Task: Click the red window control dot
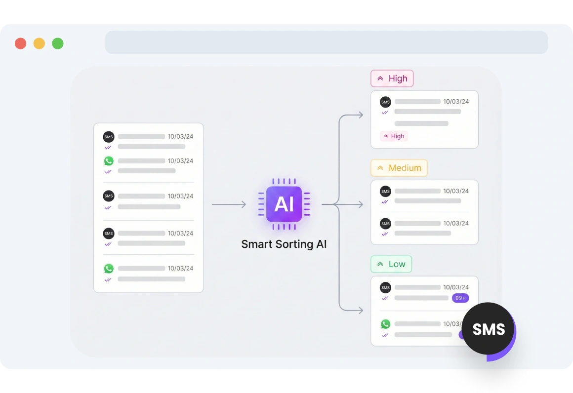point(20,43)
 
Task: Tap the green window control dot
point(58,43)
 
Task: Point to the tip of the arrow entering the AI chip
point(246,204)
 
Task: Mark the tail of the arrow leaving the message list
point(212,204)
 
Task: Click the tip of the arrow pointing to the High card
point(363,115)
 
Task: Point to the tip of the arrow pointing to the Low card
point(363,311)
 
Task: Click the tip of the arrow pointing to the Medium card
point(363,204)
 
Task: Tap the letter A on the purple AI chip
point(280,204)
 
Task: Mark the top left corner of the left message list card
point(94,123)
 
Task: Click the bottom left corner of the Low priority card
point(371,346)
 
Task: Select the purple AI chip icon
point(284,204)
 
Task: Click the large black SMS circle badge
point(488,329)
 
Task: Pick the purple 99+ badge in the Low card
point(460,298)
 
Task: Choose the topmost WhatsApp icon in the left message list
point(109,161)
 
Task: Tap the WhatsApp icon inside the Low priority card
point(385,324)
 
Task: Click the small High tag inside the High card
point(394,136)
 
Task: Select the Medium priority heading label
point(399,168)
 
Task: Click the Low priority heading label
point(391,264)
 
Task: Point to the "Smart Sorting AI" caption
point(284,244)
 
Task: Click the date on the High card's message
point(456,102)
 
